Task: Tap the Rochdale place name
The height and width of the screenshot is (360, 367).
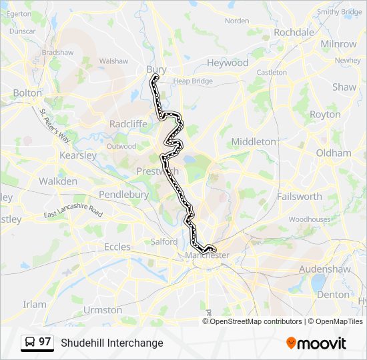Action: click(x=294, y=32)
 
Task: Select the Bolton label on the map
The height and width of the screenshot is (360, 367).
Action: click(x=27, y=93)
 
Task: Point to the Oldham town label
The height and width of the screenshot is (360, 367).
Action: click(x=333, y=153)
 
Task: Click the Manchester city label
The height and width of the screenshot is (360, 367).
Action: click(x=208, y=255)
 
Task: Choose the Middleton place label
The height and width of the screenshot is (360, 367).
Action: click(x=253, y=141)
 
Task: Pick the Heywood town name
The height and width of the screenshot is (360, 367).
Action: click(x=227, y=63)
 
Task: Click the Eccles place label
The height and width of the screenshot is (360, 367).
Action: click(x=117, y=247)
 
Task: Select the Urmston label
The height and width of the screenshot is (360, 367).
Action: click(x=103, y=310)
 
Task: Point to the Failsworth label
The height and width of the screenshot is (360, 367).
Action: click(x=299, y=197)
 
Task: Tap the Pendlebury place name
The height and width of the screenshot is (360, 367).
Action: click(x=123, y=194)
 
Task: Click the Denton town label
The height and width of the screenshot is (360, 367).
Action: click(x=333, y=295)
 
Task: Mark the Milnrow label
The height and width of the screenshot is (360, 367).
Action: click(x=338, y=44)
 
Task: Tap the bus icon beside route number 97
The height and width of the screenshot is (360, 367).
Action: click(x=30, y=343)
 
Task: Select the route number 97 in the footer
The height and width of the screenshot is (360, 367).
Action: click(x=45, y=342)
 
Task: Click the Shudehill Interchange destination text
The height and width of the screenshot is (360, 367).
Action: click(x=112, y=343)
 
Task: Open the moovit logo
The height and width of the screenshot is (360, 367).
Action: click(x=316, y=343)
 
